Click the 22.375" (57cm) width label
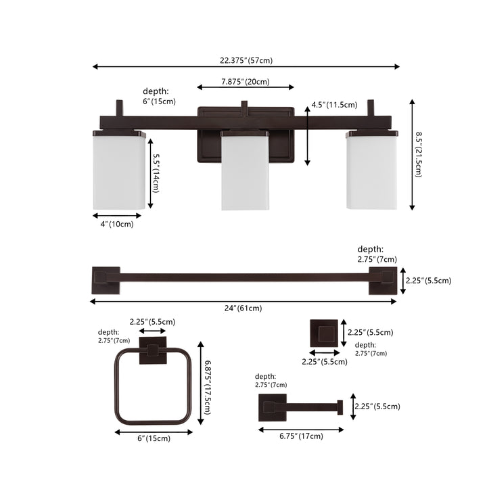pos(246,60)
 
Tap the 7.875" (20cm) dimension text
pos(246,82)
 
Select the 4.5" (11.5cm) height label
pos(335,105)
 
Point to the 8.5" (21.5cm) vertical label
pos(419,154)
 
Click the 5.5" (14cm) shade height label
pos(156,173)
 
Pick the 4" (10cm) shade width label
pos(117,224)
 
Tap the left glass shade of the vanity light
pos(119,170)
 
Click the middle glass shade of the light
pos(245,170)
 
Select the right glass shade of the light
pos(371,170)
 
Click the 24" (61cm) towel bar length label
pos(243,308)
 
